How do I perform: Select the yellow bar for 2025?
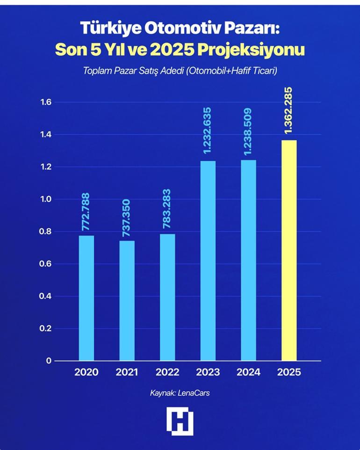(x=288, y=250)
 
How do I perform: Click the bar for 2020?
(x=86, y=298)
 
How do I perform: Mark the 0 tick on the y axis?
(x=47, y=361)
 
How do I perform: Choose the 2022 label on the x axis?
(x=167, y=372)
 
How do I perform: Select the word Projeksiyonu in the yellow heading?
(x=256, y=49)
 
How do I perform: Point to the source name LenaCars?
(x=193, y=393)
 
